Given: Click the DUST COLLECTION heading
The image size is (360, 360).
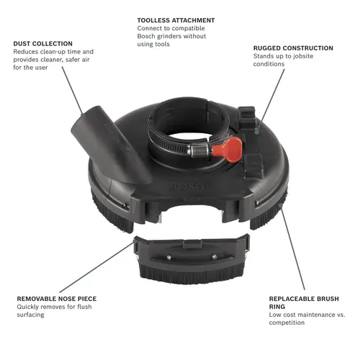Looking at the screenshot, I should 44,43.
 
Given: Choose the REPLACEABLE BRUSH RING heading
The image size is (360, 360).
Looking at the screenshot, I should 303,297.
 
